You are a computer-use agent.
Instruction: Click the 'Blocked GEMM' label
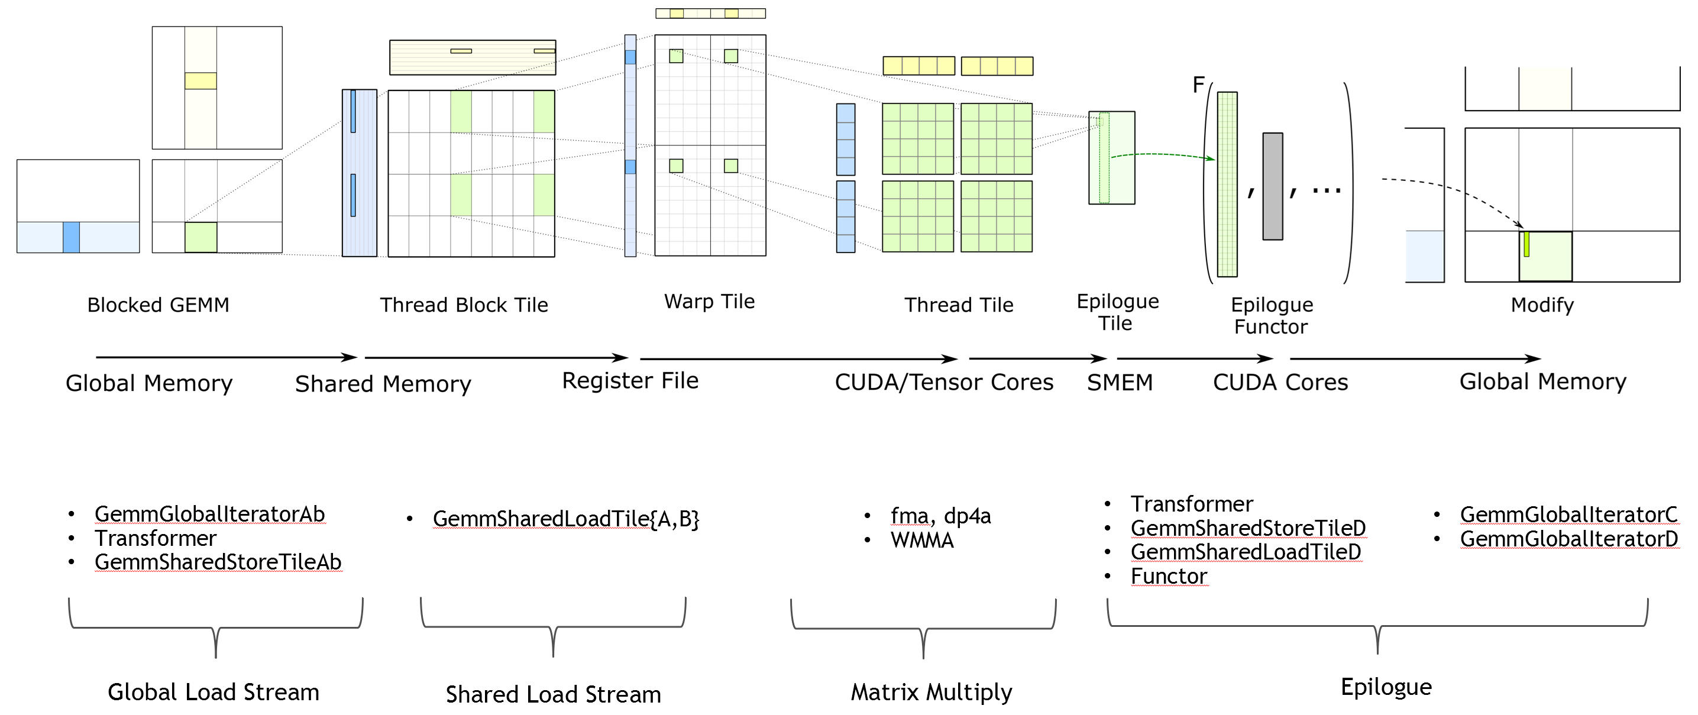158,305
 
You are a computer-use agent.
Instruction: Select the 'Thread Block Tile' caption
464,305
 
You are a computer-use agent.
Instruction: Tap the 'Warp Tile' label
709,301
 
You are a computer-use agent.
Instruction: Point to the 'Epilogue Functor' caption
1272,316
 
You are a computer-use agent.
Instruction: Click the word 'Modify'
1542,305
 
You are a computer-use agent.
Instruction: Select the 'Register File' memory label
630,381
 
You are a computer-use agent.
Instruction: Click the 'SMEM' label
1120,382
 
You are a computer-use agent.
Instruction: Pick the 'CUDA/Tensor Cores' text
944,382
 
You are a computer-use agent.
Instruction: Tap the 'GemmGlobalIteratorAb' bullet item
209,514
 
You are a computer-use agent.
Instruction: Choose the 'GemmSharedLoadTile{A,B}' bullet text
565,519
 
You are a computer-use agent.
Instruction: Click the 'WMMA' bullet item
922,541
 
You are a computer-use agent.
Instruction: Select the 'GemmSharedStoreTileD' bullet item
1248,528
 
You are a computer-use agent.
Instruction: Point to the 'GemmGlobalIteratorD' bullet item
1569,539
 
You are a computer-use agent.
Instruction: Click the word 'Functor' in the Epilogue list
1169,577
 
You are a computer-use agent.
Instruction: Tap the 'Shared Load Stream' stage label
553,694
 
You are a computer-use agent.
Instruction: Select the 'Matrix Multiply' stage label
932,692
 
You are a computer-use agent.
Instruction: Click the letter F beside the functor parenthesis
1198,85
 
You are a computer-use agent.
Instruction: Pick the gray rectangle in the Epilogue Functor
1272,186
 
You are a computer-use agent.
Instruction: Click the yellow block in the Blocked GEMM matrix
200,81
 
